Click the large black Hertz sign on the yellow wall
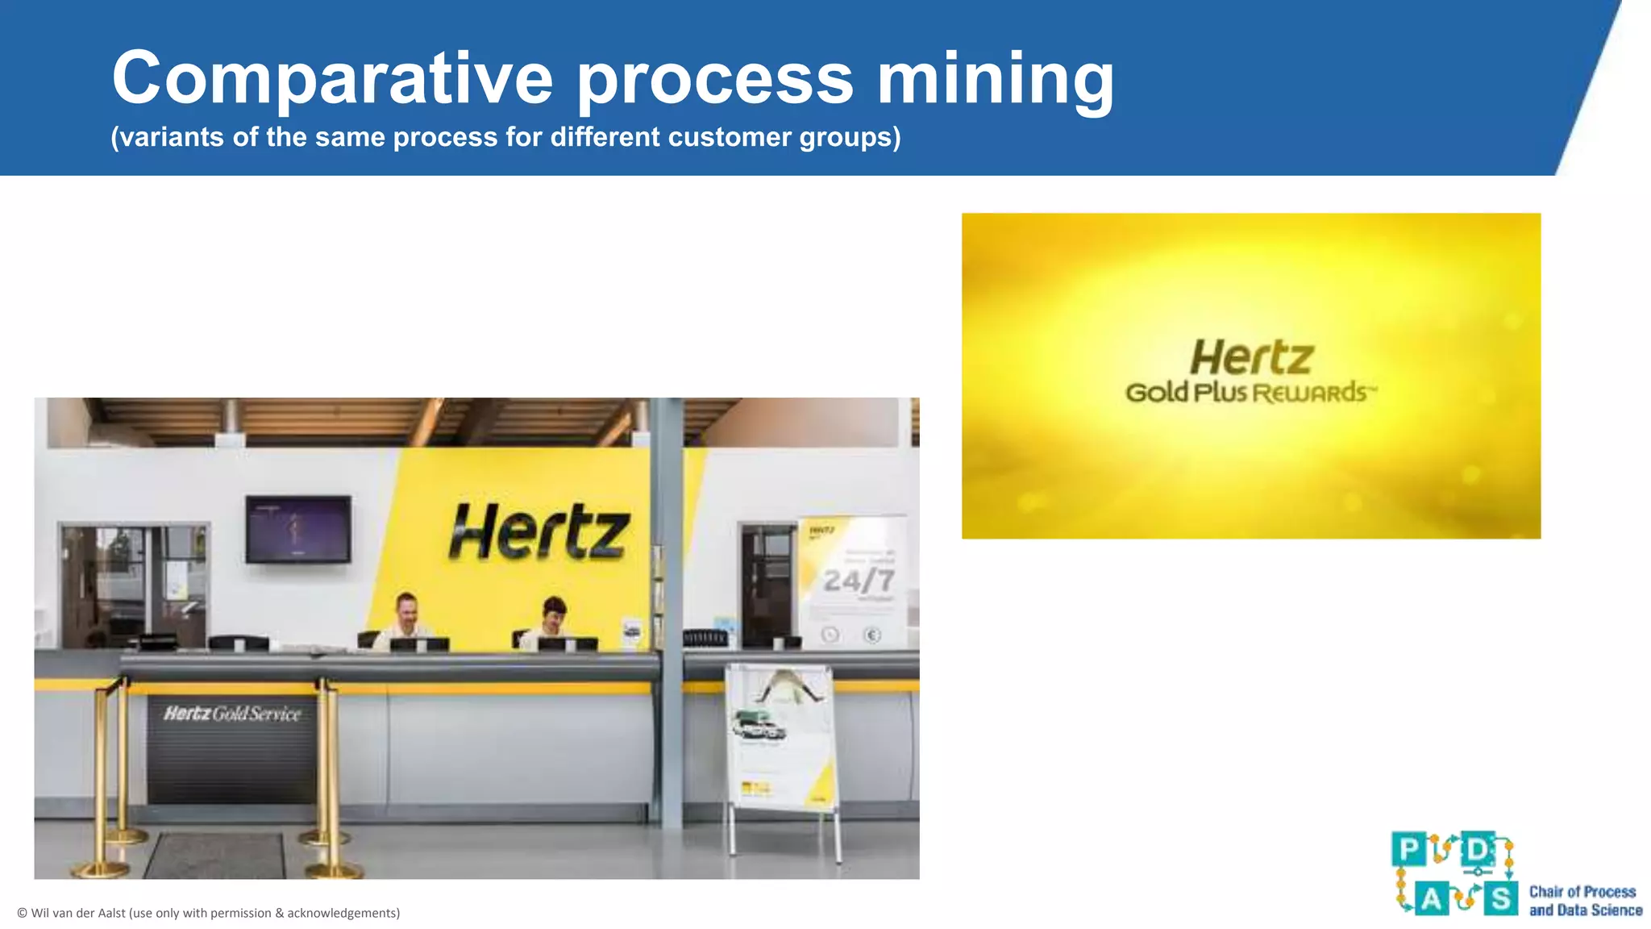coord(539,532)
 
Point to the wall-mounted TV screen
coord(298,529)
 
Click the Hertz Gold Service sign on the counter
coord(232,714)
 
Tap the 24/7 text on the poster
coord(859,581)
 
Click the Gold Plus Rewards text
coord(1250,394)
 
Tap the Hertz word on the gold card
coord(1252,357)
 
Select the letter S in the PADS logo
coord(1500,898)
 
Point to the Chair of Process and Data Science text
coord(1585,901)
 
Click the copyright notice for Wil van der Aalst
coord(209,913)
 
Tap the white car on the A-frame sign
coord(759,727)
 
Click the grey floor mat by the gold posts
coord(215,856)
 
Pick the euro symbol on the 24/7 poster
coord(872,635)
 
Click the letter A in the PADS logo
coord(1432,898)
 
